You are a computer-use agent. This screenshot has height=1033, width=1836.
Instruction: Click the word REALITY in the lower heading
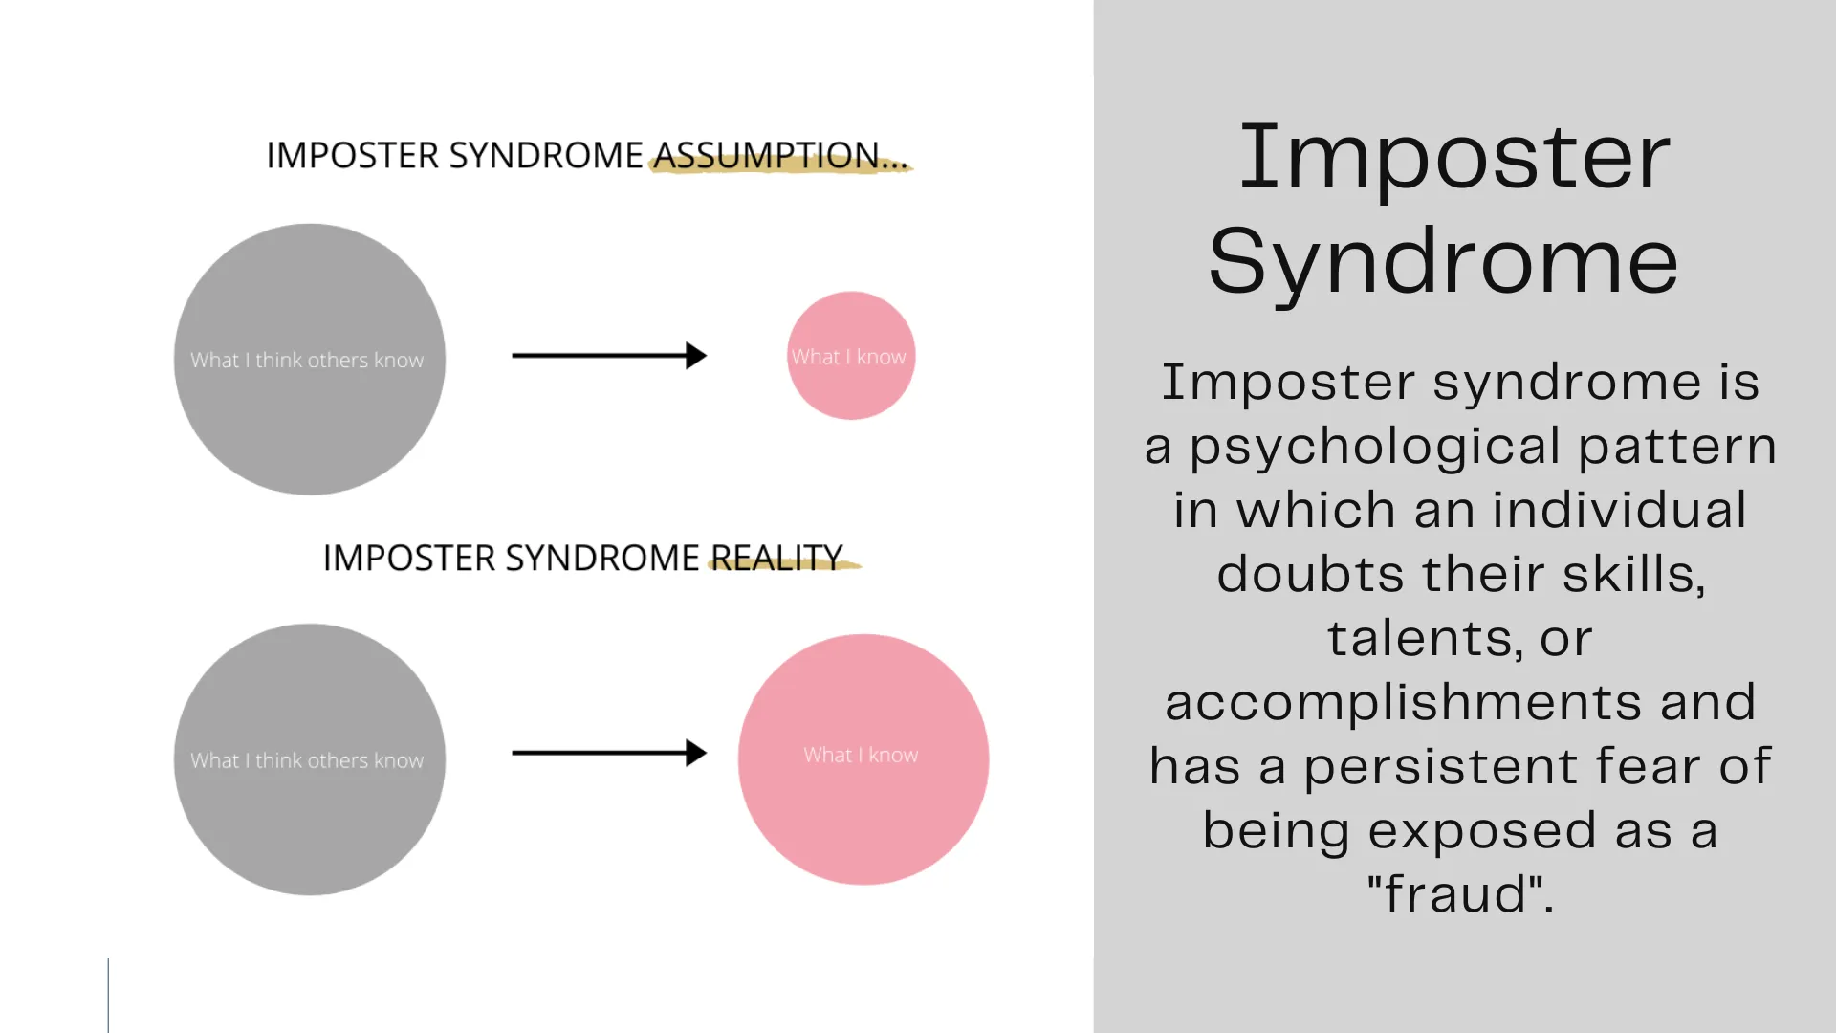[776, 558]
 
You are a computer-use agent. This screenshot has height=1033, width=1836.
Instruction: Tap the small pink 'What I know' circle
[850, 356]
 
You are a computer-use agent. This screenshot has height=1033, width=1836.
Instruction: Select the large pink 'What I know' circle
[863, 759]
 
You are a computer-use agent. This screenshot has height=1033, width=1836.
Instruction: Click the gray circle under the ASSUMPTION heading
[309, 360]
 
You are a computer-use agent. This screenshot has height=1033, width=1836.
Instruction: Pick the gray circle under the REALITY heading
[309, 759]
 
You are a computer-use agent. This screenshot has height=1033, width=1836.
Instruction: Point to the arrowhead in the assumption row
[697, 356]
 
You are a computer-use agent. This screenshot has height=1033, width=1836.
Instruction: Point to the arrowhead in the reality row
[697, 753]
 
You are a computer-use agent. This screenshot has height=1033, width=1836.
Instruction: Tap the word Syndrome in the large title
[1443, 261]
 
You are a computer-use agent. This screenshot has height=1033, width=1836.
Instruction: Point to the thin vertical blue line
[108, 995]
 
